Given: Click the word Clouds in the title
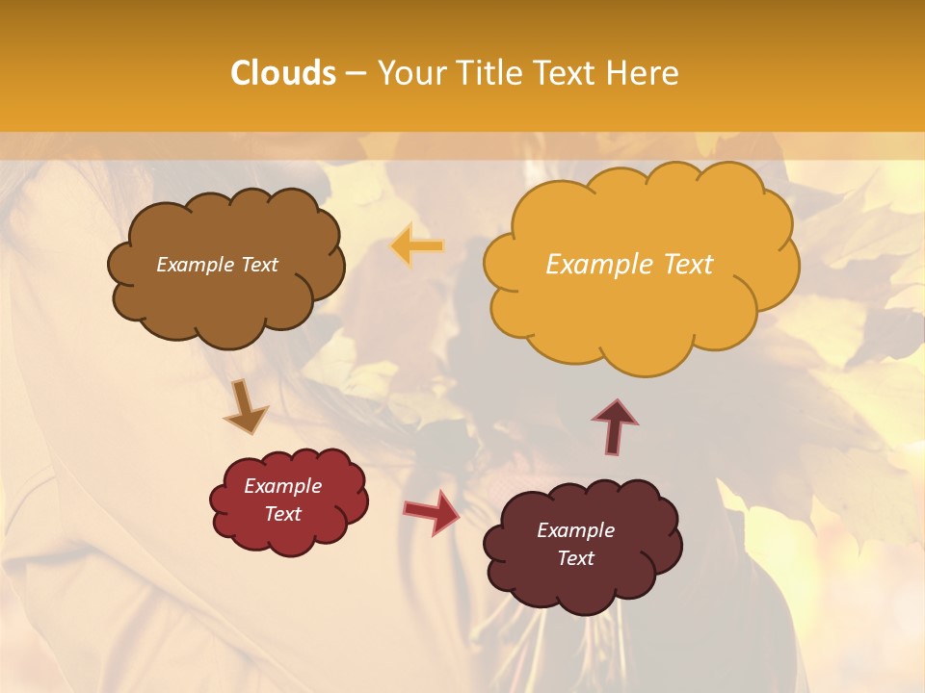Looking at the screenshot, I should [283, 73].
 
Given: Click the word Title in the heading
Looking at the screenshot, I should [488, 73].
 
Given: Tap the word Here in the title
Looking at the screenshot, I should [644, 73].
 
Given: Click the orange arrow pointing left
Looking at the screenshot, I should [418, 246].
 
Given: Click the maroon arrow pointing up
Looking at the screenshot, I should [615, 426].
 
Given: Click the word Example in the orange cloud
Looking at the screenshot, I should [596, 265].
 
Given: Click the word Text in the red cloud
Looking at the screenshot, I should [283, 514].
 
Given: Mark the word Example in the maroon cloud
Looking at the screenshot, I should [575, 530].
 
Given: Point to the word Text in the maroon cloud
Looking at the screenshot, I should [575, 558].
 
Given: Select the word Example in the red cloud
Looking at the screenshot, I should [283, 486].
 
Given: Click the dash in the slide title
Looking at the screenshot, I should [355, 73].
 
